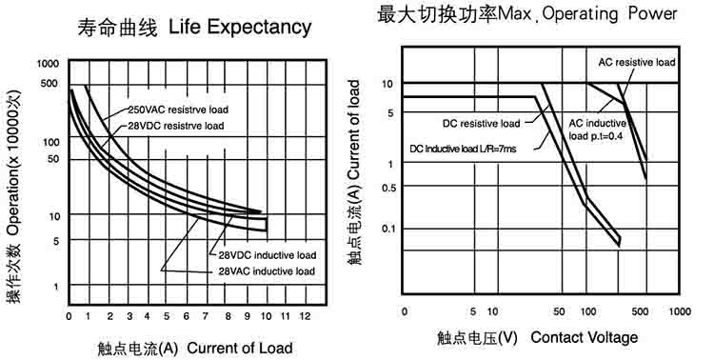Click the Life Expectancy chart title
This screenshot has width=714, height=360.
coord(194,27)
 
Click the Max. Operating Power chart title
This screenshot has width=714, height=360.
coord(527,13)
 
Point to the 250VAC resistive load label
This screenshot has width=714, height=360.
coord(178,110)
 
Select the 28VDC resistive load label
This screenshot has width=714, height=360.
coord(176,126)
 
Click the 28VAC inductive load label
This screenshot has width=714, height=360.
coord(267,271)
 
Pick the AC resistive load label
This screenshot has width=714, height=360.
coord(637,63)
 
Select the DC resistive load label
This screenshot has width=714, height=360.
coord(482,124)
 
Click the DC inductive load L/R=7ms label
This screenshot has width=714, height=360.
coord(463,149)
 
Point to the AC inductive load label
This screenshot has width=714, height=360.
coord(598,130)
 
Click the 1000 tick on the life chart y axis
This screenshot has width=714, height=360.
coord(48,64)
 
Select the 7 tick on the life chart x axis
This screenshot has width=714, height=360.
coord(206,316)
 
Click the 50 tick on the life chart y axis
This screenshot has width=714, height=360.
coord(53,159)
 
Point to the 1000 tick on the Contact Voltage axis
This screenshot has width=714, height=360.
coord(680,311)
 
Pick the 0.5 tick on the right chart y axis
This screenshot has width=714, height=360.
coord(388,188)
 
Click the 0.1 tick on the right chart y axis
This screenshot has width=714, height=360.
coord(388,229)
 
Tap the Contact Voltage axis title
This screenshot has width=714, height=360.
coord(537,338)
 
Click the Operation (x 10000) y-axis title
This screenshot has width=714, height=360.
coord(14,197)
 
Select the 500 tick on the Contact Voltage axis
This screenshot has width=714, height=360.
coord(640,311)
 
